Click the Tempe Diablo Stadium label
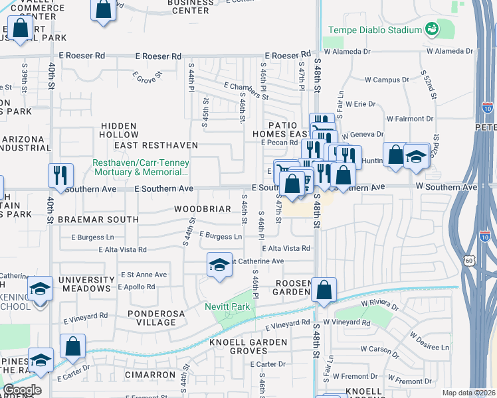pyautogui.click(x=375, y=30)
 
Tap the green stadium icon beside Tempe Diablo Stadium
pyautogui.click(x=433, y=29)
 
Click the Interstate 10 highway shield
pyautogui.click(x=487, y=108)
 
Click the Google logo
pyautogui.click(x=21, y=390)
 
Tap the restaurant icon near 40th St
pyautogui.click(x=60, y=176)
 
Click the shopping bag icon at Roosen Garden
pyautogui.click(x=324, y=290)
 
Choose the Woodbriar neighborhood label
pyautogui.click(x=202, y=209)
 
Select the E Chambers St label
pyautogui.click(x=246, y=91)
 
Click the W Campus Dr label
pyautogui.click(x=386, y=80)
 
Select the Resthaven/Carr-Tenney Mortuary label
pyautogui.click(x=140, y=167)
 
